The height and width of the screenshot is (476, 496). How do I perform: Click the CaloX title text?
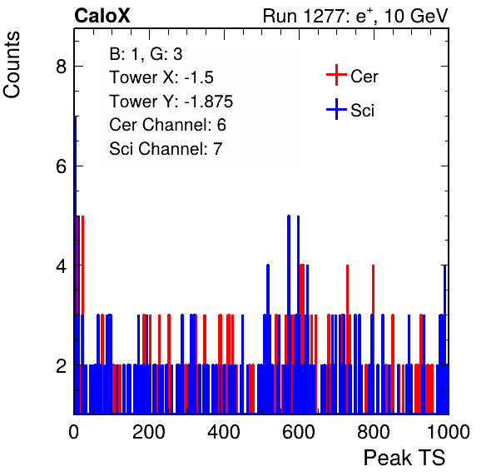102,16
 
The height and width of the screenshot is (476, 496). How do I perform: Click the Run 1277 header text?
355,16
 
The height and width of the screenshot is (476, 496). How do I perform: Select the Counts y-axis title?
12,65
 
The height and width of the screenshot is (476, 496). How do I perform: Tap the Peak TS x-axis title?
404,458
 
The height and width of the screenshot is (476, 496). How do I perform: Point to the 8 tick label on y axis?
61,67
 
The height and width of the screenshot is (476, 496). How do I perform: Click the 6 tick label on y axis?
61,166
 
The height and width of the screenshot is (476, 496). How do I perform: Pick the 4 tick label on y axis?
61,265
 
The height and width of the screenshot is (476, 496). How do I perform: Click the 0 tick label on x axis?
74,432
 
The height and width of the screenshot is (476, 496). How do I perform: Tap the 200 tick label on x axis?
149,432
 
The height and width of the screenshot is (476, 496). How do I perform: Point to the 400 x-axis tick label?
224,432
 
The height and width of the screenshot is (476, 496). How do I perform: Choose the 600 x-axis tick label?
299,432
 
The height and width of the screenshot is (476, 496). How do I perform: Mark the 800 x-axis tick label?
374,432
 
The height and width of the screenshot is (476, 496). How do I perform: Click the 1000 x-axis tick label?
449,432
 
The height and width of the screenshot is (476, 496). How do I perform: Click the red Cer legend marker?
336,75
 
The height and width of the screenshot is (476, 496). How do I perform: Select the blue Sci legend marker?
336,109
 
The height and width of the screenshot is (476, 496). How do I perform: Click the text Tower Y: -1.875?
171,102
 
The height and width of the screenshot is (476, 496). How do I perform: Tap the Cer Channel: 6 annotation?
167,125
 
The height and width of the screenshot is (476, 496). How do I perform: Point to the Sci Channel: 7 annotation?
166,149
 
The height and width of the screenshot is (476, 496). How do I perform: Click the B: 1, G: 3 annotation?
146,54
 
